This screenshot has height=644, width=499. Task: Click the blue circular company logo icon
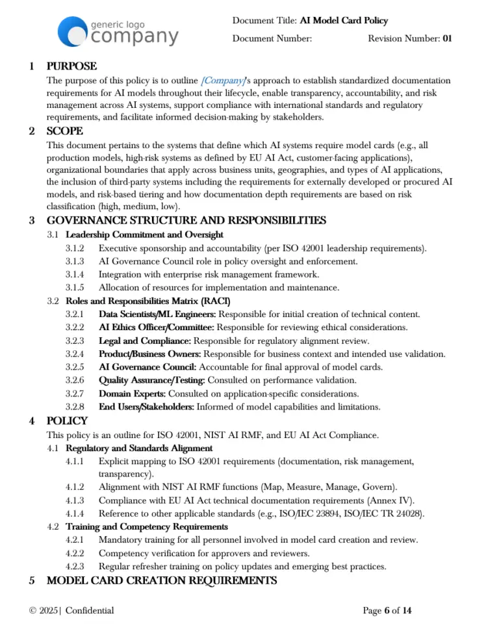pos(71,31)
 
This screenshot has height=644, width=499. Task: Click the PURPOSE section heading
pos(72,66)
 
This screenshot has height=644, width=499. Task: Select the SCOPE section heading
pos(65,131)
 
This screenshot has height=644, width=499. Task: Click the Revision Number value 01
pos(447,38)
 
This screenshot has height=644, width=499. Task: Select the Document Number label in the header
pos(272,38)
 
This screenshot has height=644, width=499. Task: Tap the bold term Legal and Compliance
pos(144,341)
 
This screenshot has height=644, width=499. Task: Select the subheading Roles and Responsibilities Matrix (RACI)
pos(148,301)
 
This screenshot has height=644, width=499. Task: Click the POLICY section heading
pos(68,421)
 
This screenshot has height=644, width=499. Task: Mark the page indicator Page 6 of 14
pos(387,610)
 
